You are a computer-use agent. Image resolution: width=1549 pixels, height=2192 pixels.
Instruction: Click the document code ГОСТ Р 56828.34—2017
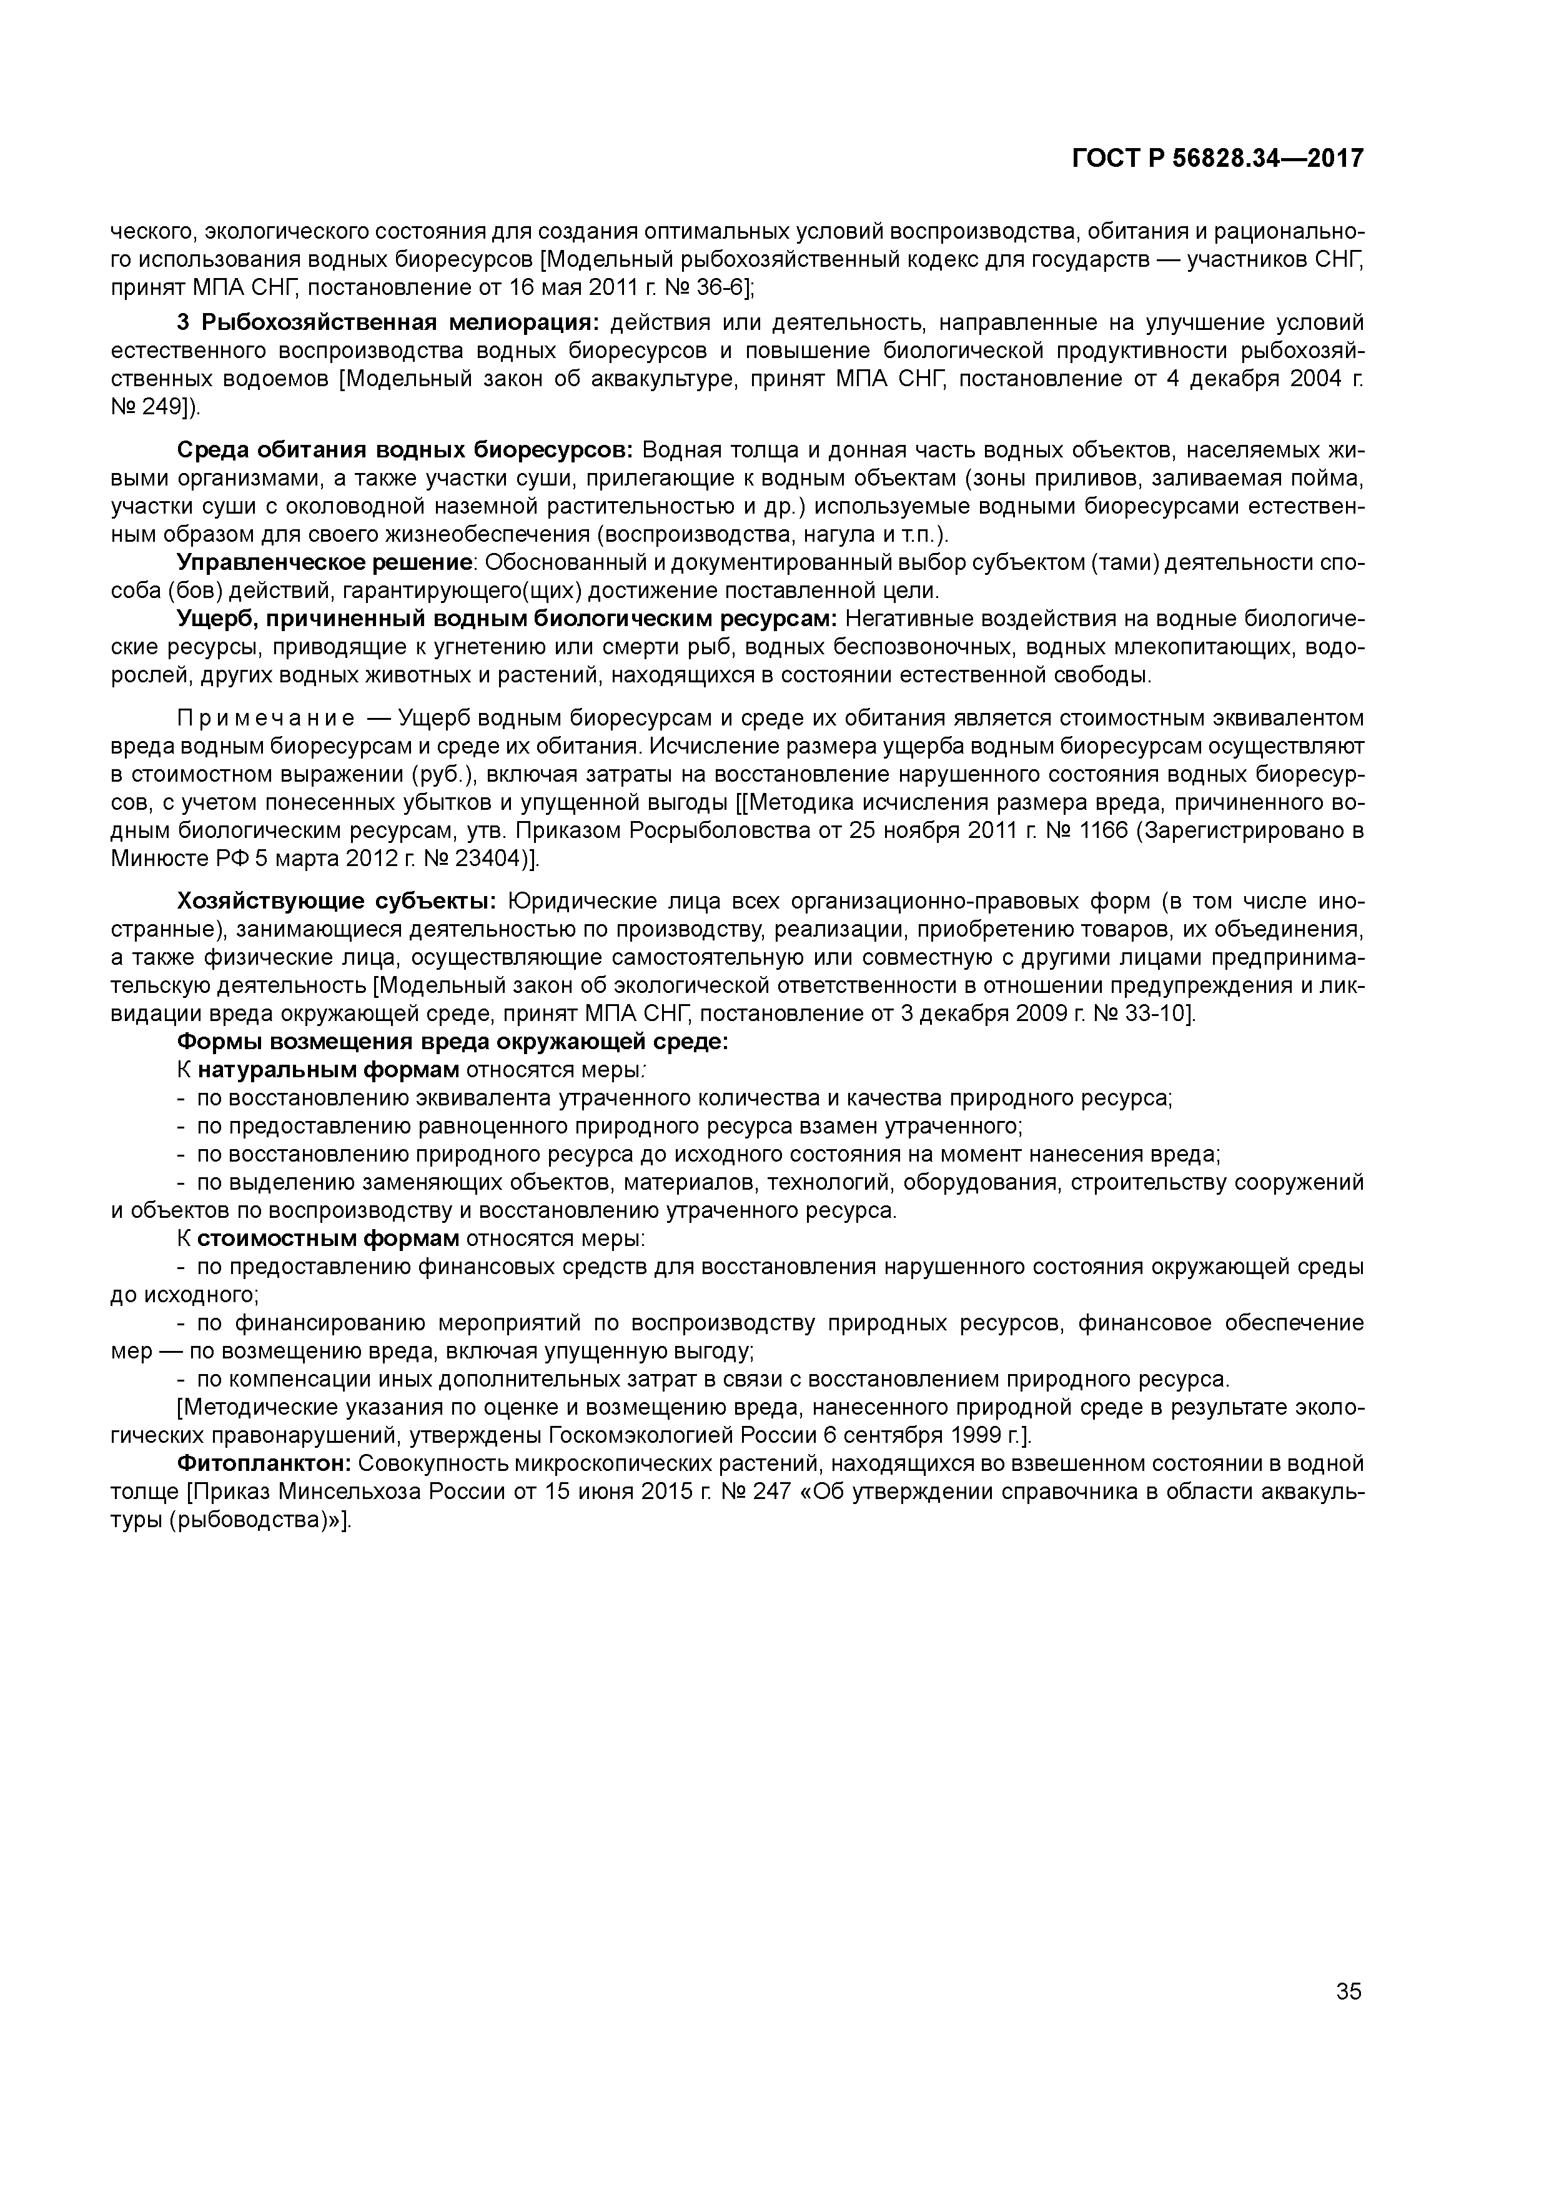(x=1217, y=159)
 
